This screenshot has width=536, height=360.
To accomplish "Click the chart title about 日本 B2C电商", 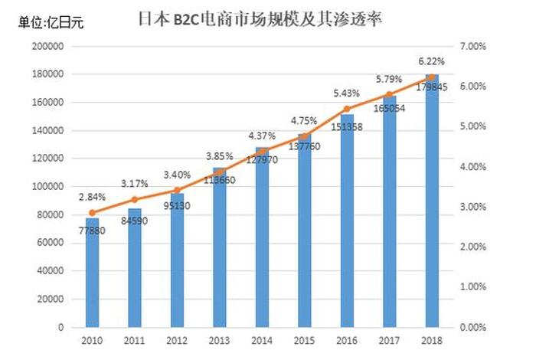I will pyautogui.click(x=260, y=18).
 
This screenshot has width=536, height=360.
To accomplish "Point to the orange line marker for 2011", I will pyautogui.click(x=135, y=199).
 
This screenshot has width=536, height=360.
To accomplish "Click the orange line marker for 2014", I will pyautogui.click(x=262, y=151).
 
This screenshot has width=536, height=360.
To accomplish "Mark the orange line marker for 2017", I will pyautogui.click(x=390, y=94).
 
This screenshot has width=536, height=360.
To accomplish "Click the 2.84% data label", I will pyautogui.click(x=92, y=197).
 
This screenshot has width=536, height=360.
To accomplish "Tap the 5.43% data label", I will pyautogui.click(x=346, y=93).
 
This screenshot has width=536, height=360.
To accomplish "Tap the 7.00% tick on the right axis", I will pyautogui.click(x=475, y=46).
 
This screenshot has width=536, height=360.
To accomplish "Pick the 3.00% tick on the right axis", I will pyautogui.click(x=475, y=207).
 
